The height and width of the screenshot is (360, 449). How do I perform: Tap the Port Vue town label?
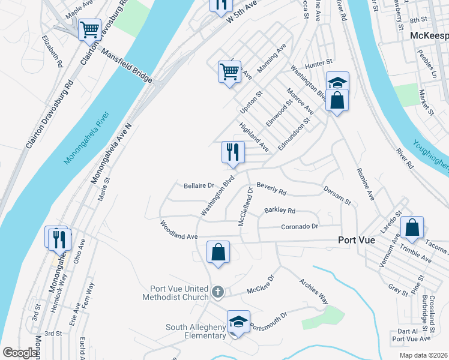357,239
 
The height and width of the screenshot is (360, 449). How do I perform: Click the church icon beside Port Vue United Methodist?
217,292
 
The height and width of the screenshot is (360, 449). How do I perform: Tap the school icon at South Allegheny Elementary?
238,322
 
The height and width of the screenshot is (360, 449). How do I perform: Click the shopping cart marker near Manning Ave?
230,72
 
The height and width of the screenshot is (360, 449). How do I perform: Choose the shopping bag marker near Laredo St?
412,227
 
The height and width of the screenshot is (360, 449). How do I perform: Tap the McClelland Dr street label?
247,206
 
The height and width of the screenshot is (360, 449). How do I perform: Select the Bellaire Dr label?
199,186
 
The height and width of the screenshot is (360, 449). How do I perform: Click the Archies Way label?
315,290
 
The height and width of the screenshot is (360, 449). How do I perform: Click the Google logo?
20,353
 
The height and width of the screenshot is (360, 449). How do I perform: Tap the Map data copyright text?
423,355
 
